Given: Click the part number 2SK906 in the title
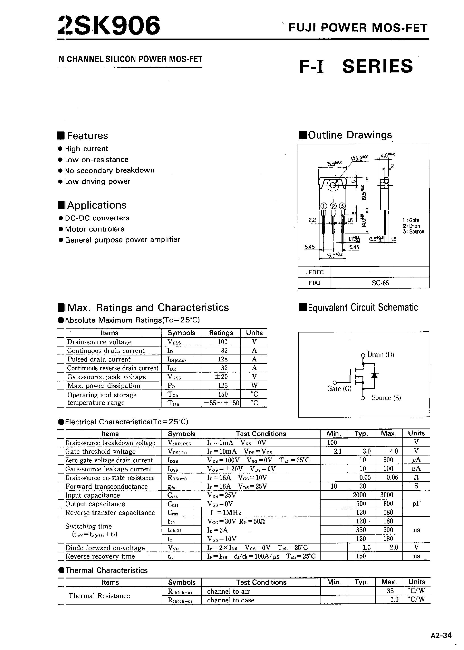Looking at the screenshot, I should [x=109, y=26].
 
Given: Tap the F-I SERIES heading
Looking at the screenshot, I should [x=356, y=66].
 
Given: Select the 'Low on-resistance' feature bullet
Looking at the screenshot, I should [x=97, y=160].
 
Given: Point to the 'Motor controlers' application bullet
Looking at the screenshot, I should [x=95, y=229].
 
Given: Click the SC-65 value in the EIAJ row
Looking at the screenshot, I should [x=380, y=283].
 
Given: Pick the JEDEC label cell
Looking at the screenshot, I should [x=314, y=272].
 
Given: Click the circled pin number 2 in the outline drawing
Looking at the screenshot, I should [x=333, y=206].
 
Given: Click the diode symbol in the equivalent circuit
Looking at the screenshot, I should [x=374, y=376].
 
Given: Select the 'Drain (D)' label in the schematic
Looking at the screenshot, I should [x=381, y=355].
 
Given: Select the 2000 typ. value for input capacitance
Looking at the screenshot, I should [x=359, y=495].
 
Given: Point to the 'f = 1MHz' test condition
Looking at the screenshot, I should [x=226, y=513].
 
